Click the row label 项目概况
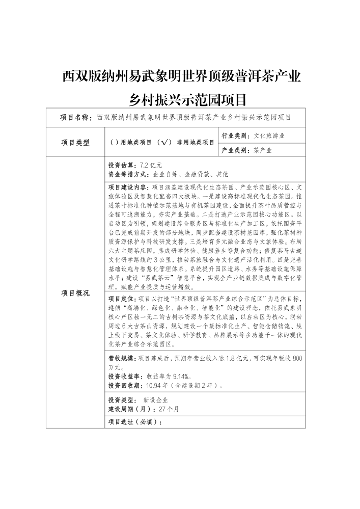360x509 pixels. click(x=75, y=292)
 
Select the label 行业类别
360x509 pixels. click(x=236, y=136)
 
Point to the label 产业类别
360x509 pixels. click(x=236, y=150)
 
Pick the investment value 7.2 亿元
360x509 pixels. click(x=150, y=166)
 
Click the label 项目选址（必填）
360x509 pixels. click(x=135, y=422)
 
